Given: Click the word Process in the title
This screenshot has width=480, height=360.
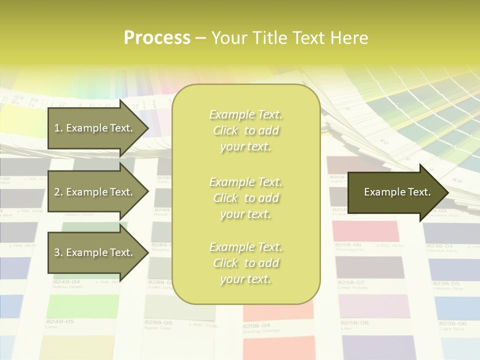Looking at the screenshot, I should coord(157,38).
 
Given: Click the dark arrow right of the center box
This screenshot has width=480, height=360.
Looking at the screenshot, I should coord(397,192).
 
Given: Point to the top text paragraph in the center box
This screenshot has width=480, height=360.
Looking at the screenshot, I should coord(245,130).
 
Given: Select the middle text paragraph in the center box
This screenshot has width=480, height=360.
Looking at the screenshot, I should coord(245,198).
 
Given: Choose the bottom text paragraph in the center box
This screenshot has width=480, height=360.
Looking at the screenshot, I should coord(245,263).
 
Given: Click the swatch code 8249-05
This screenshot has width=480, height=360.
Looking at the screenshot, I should coord(60,321).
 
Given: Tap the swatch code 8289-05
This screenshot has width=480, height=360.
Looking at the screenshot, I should coord(158,323).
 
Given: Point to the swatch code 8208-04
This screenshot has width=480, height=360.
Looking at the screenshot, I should coord(256,325).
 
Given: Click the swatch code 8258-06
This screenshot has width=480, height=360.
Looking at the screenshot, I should coord(348,245).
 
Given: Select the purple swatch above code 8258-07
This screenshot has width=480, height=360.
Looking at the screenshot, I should coord(370,267).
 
